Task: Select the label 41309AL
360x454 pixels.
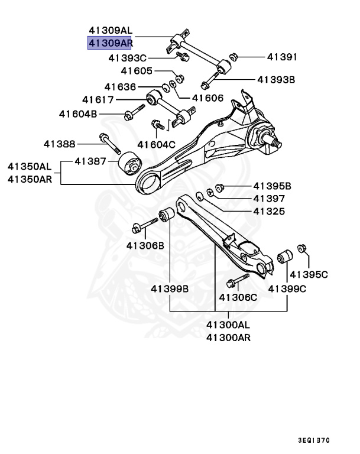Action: tap(111, 30)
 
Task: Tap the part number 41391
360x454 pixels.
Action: tap(281, 57)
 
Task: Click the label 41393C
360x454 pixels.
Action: tap(127, 58)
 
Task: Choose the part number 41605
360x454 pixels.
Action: tap(137, 71)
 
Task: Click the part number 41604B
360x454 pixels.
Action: tap(77, 113)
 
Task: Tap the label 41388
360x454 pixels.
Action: tap(59, 143)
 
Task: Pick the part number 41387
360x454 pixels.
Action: tap(90, 161)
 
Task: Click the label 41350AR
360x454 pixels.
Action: tap(30, 179)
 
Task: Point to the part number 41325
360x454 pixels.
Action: tap(269, 211)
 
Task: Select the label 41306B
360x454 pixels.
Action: tap(145, 245)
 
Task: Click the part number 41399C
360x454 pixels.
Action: tap(287, 288)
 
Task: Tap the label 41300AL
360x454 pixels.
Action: tap(228, 325)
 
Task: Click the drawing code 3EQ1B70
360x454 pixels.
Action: tap(314, 440)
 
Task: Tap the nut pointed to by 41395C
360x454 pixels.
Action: tap(302, 249)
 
